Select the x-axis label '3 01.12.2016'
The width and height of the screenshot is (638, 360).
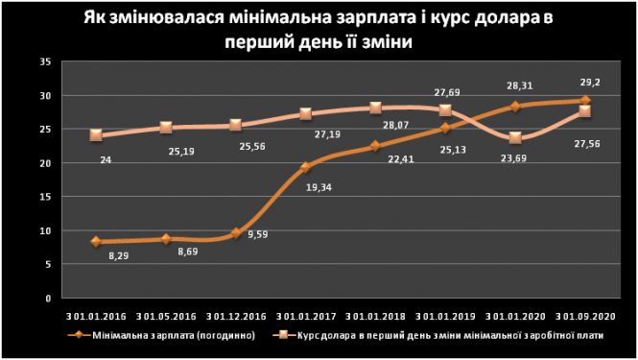point(235,314)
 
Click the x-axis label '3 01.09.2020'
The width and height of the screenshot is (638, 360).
point(584,314)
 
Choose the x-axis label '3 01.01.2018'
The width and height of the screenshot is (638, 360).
point(375,314)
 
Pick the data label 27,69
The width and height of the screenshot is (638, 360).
point(448,92)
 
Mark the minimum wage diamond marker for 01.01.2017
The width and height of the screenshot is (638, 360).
point(306,168)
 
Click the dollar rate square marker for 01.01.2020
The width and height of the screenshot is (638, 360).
point(515,138)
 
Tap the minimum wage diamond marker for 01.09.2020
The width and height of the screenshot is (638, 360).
point(585,101)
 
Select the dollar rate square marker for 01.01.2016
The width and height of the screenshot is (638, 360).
point(96,135)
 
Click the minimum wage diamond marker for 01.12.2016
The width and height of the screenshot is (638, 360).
point(236,233)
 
